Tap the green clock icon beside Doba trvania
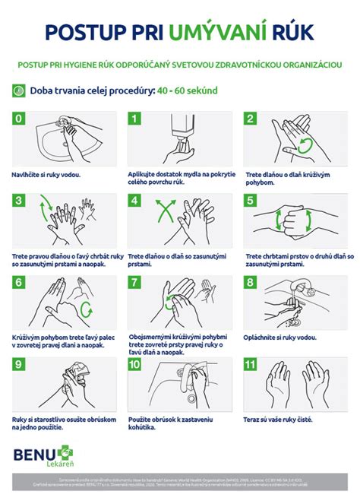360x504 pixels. [20, 90]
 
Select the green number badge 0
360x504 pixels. [20, 119]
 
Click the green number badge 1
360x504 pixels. [135, 119]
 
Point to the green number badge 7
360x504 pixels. [135, 282]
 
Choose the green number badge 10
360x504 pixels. [135, 364]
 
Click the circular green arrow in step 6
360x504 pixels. [86, 309]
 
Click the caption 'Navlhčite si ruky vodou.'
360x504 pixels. [46, 174]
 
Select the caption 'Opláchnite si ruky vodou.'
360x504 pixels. [281, 337]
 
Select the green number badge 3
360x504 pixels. [20, 201]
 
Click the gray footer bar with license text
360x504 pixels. [180, 484]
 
